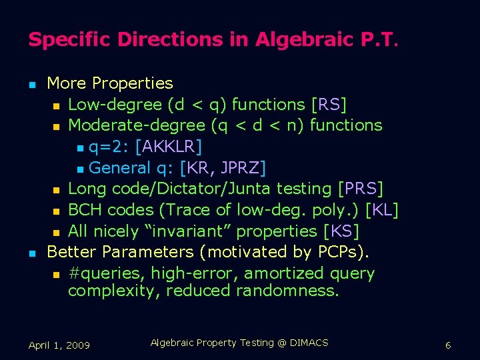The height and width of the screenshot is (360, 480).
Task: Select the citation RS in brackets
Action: tap(329, 105)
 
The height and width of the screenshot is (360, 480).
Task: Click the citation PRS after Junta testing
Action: tap(360, 189)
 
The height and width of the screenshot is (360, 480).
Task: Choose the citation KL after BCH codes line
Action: tap(382, 210)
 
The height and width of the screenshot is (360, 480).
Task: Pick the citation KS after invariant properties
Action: tap(341, 231)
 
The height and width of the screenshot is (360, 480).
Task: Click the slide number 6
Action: tap(448, 345)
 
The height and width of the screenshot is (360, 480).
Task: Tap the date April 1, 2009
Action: tap(59, 345)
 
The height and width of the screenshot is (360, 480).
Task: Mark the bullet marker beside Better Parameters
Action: tap(31, 253)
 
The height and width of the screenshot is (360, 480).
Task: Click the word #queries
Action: tap(106, 273)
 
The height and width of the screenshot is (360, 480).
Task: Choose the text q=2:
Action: tap(109, 146)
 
